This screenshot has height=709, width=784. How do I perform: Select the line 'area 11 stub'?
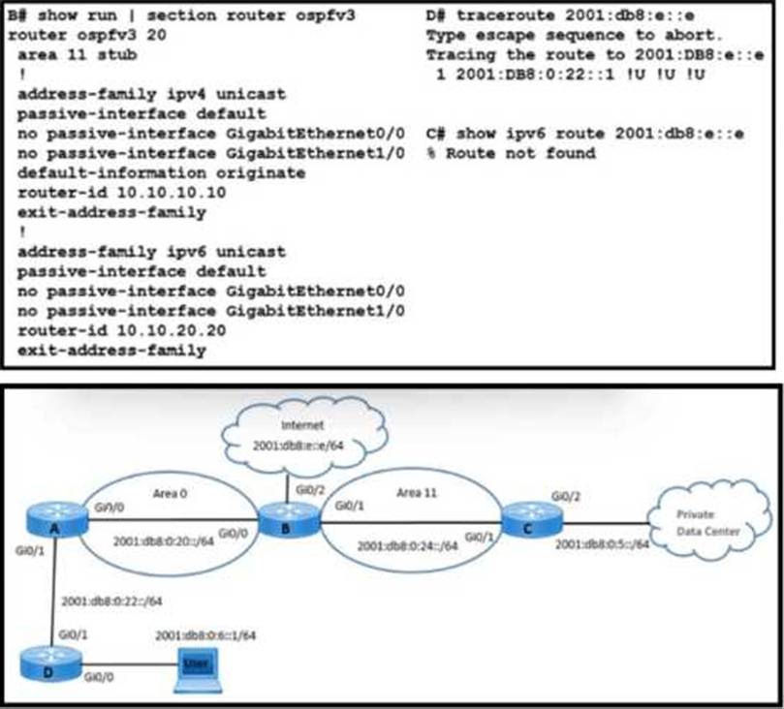pos(77,55)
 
